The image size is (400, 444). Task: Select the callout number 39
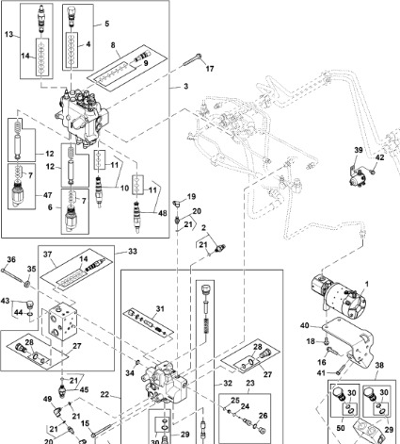[x=359, y=151]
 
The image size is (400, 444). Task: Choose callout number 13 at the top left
[x=10, y=34]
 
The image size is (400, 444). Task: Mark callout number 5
[x=106, y=22]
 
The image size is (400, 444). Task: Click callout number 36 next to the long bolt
[x=11, y=259]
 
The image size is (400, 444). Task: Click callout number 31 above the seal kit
[x=160, y=308]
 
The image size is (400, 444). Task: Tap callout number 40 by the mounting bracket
[x=304, y=327]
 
